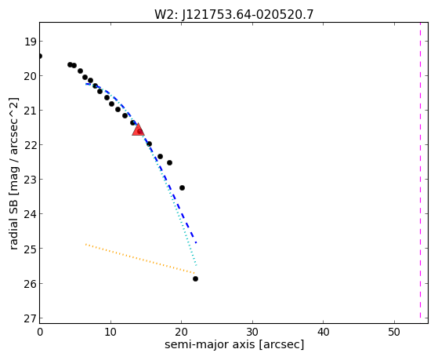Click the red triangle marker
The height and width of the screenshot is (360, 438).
tap(138, 129)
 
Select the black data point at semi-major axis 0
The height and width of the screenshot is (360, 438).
tap(40, 56)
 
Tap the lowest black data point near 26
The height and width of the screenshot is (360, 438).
tap(195, 279)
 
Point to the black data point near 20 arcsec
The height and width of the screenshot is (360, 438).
tap(182, 187)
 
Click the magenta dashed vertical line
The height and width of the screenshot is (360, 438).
tap(420, 170)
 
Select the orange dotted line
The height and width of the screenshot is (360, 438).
tap(140, 259)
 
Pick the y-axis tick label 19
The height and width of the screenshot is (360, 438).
tap(30, 42)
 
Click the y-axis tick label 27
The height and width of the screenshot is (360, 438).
tap(30, 318)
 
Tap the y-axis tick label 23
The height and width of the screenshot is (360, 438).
tap(30, 180)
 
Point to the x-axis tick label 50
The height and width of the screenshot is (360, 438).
tap(394, 332)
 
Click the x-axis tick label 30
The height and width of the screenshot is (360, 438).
tap(252, 332)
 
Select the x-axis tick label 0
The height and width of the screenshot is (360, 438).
tap(40, 332)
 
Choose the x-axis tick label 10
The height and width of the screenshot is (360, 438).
tap(110, 332)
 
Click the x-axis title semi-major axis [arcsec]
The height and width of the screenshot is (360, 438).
tap(234, 344)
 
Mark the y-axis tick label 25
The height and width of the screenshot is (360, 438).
tap(30, 249)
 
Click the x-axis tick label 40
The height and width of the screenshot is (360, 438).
tap(323, 332)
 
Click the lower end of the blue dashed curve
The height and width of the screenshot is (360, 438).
tap(196, 242)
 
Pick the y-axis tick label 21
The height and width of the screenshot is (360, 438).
tap(30, 111)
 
